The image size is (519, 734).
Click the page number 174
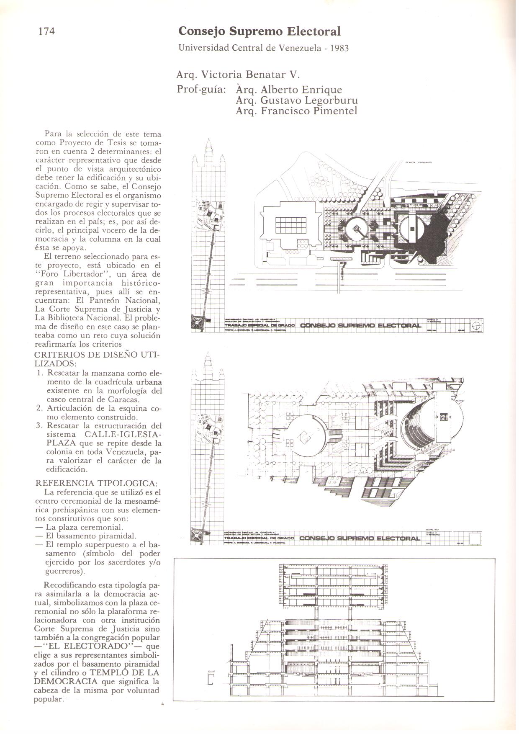pos(47,31)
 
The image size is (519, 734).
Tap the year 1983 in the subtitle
pos(339,48)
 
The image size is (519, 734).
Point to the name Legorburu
pos(330,100)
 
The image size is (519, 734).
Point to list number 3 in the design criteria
pos(40,426)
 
